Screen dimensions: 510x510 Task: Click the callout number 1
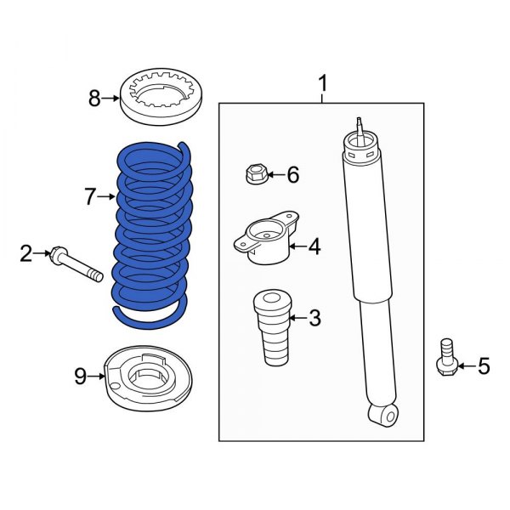pyautogui.click(x=322, y=84)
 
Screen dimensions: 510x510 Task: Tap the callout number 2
pyautogui.click(x=26, y=252)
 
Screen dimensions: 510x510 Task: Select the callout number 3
pyautogui.click(x=314, y=319)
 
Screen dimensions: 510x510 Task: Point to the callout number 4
pyautogui.click(x=314, y=247)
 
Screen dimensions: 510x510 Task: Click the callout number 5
pyautogui.click(x=484, y=366)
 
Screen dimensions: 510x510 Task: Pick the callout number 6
pyautogui.click(x=292, y=176)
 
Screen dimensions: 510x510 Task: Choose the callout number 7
pyautogui.click(x=91, y=198)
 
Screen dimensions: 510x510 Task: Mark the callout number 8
pyautogui.click(x=95, y=99)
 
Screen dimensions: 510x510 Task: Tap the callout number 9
pyautogui.click(x=80, y=376)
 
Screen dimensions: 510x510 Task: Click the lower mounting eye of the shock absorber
pyautogui.click(x=383, y=415)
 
